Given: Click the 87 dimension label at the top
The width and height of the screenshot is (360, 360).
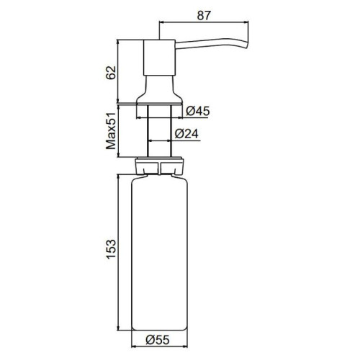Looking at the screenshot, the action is [x=204, y=16].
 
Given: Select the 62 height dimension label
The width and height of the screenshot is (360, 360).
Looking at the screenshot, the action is [x=112, y=73].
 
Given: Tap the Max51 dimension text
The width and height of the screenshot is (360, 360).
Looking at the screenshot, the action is [x=111, y=130].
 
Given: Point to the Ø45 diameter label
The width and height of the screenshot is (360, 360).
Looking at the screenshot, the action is [x=198, y=111].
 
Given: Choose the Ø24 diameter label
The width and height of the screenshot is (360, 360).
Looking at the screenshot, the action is [x=186, y=134].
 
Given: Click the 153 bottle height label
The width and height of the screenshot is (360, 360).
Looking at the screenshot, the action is [x=112, y=249].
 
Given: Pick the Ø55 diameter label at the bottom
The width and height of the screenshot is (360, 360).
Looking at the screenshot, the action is [x=158, y=340].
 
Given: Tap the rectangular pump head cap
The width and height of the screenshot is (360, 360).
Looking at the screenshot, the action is [x=159, y=58].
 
